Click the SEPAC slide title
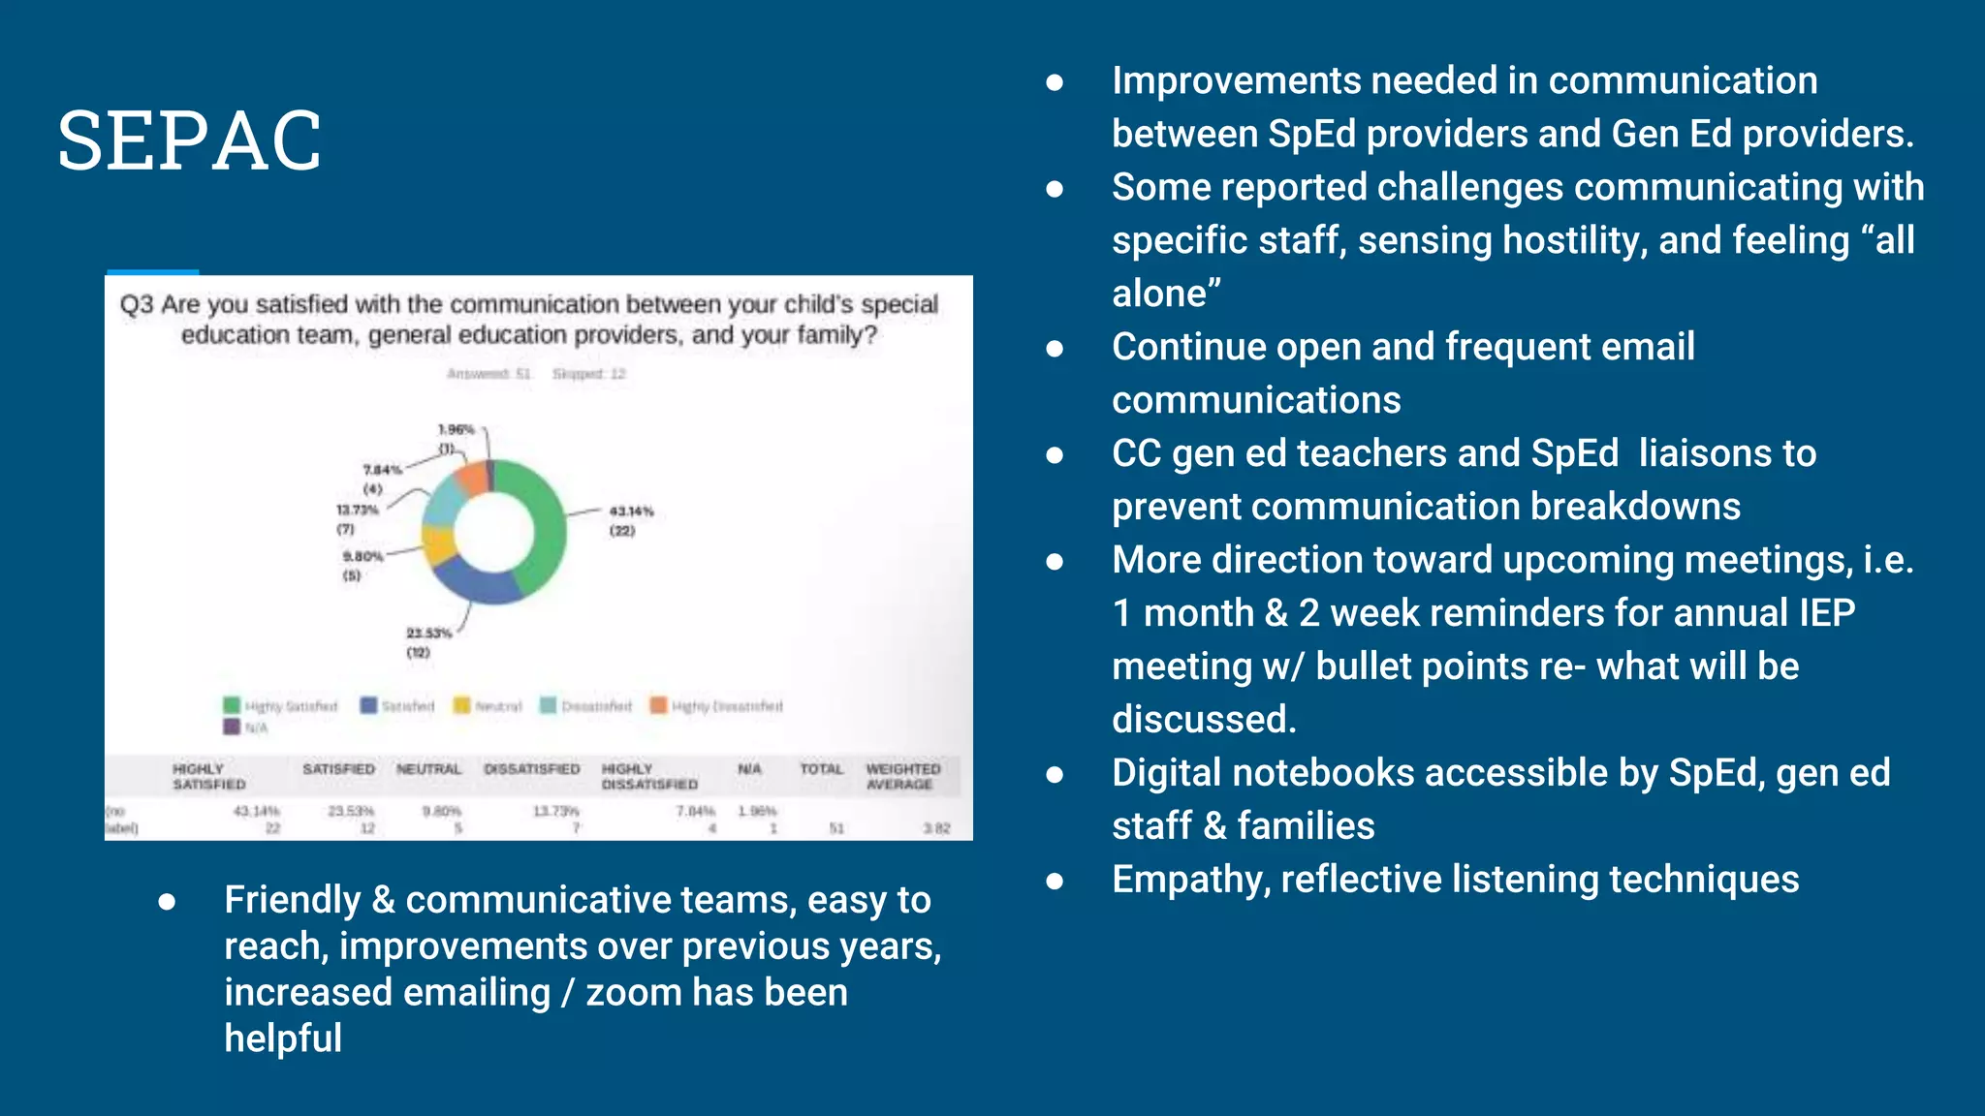point(189,141)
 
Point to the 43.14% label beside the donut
point(631,511)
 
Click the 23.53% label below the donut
point(428,633)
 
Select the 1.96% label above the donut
point(456,429)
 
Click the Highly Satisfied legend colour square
point(232,705)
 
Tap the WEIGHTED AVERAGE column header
point(902,776)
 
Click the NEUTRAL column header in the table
point(428,768)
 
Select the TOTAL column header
point(821,768)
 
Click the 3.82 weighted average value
point(936,828)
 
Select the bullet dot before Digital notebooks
point(1056,774)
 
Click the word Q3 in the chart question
point(136,304)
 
